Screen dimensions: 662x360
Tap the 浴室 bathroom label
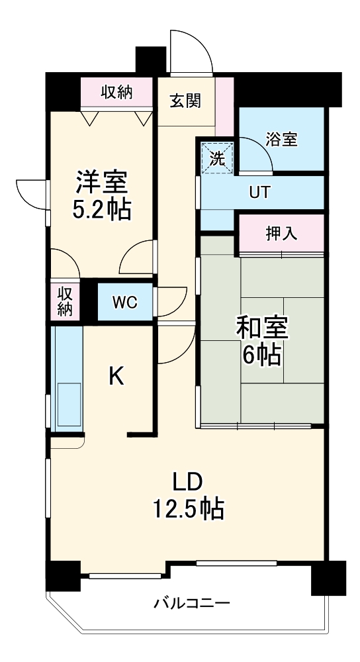click(281, 139)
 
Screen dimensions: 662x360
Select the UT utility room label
click(259, 193)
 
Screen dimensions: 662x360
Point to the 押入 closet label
click(281, 233)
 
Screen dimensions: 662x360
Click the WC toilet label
click(124, 303)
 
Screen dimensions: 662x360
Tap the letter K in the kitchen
click(116, 377)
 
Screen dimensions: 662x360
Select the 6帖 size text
click(261, 355)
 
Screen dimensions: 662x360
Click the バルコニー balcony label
click(192, 604)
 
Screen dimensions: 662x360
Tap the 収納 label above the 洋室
click(116, 93)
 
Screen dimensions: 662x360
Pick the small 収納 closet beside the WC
click(64, 301)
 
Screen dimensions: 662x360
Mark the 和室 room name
click(261, 327)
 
